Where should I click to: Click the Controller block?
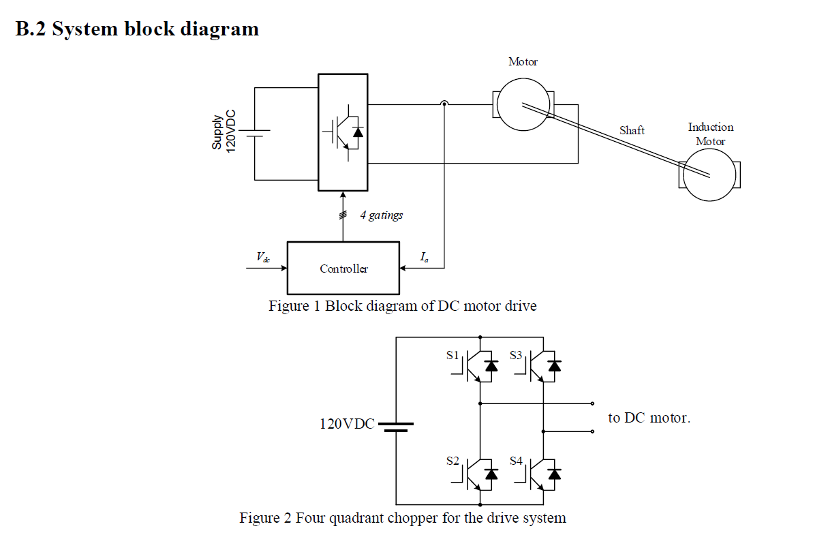(343, 268)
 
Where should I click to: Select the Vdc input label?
(262, 257)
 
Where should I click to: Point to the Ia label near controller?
(424, 257)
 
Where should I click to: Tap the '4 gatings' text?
(381, 215)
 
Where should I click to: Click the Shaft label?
(632, 130)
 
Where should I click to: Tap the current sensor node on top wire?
(444, 104)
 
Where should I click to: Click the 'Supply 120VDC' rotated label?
(223, 133)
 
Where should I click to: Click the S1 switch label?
(453, 355)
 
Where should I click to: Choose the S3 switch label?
(516, 355)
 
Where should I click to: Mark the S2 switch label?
(453, 461)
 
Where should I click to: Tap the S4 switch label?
(516, 461)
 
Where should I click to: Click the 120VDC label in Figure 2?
(347, 424)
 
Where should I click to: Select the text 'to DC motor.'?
(649, 418)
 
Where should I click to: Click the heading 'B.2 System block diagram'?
(137, 29)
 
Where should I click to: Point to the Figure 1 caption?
(402, 306)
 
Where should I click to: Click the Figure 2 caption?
(402, 518)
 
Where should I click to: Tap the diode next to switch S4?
(554, 472)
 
